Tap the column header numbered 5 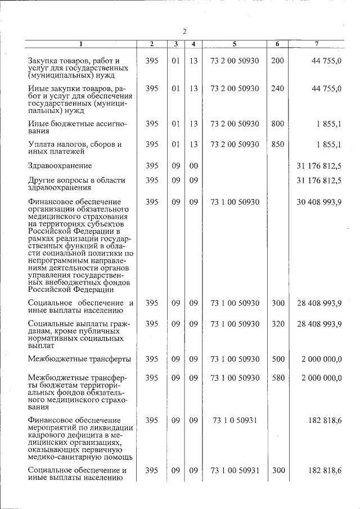tap(235, 44)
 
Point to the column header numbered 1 tap(80, 44)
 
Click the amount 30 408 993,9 tap(319, 201)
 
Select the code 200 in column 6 tap(277, 60)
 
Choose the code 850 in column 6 tap(277, 145)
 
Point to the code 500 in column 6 tap(277, 359)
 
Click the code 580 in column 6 tap(277, 378)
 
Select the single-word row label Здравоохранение tap(60, 166)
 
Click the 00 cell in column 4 tap(193, 166)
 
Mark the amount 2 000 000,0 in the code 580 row tap(321, 378)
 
